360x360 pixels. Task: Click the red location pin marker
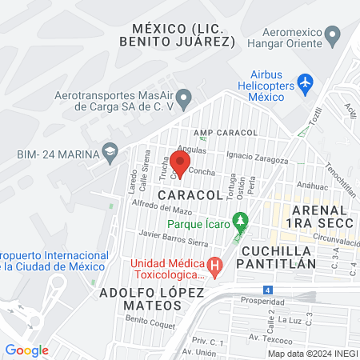[180, 164]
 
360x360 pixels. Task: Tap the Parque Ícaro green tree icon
[238, 218]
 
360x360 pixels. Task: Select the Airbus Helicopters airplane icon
[304, 82]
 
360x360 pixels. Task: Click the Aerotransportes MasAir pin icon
[184, 100]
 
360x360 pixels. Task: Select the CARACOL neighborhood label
[190, 195]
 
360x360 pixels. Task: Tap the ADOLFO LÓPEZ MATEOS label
[151, 299]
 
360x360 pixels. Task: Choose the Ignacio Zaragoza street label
[257, 155]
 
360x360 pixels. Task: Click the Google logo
[26, 350]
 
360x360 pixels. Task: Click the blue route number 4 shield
[267, 289]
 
